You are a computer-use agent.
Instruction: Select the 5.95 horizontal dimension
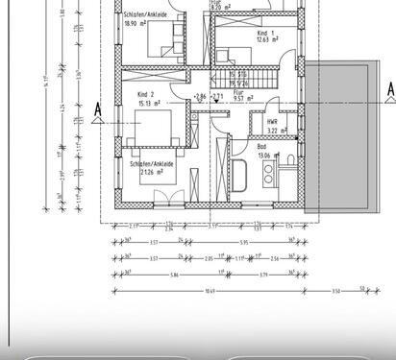point(245,242)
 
